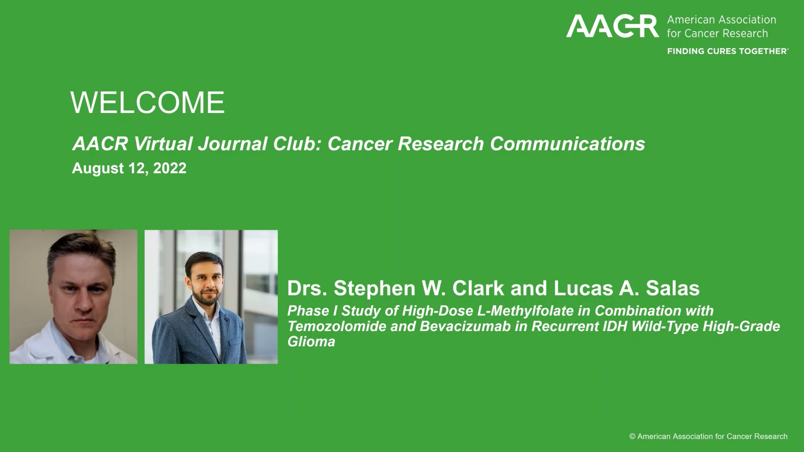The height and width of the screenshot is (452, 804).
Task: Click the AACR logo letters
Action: click(x=612, y=26)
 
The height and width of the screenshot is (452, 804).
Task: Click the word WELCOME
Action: click(x=147, y=102)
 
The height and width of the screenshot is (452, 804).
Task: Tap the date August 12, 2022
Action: click(x=129, y=168)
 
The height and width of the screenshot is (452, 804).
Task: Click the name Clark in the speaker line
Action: click(x=478, y=288)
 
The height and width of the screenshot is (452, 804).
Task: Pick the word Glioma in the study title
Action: click(x=311, y=342)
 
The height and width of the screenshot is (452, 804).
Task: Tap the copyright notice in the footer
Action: click(x=708, y=436)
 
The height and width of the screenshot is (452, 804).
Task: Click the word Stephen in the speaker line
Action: click(x=375, y=288)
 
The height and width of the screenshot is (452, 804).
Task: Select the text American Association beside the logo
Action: click(x=721, y=20)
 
